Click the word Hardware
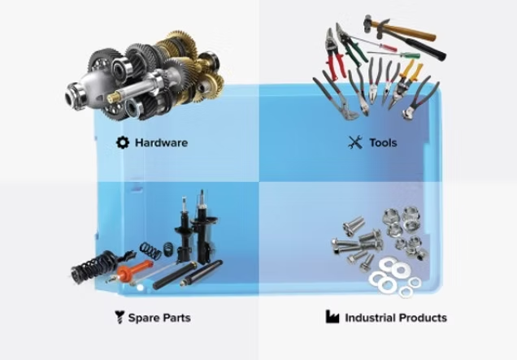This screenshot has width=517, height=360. coord(161,143)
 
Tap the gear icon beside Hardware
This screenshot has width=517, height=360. coord(123,142)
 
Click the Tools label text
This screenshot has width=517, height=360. coord(383,143)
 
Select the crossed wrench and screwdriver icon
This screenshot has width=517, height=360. coord(355,142)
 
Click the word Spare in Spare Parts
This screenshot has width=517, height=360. coord(142,318)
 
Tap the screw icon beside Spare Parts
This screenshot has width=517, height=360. coord(119,317)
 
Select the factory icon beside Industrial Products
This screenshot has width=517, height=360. coord(332,316)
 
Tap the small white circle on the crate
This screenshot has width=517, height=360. coord(140,288)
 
